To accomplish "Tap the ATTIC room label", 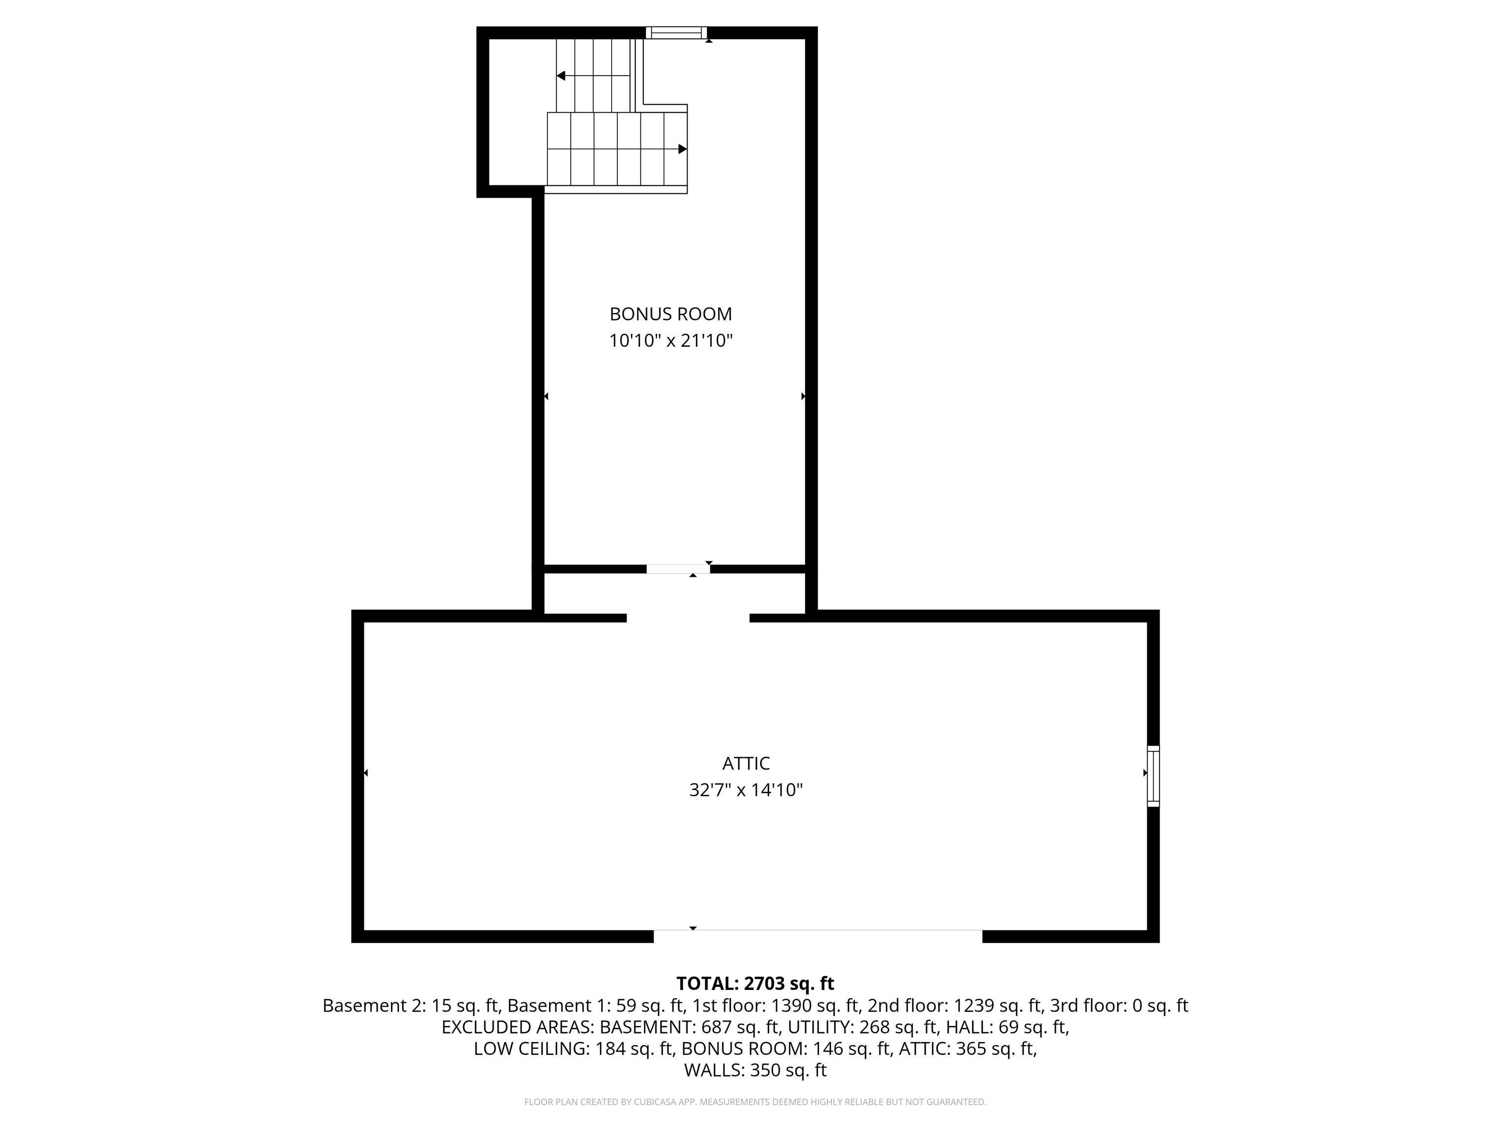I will pyautogui.click(x=746, y=763).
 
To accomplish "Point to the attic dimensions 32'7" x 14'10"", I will pyautogui.click(x=746, y=789).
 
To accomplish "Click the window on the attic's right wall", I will pyautogui.click(x=1153, y=776).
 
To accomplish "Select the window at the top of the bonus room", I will pyautogui.click(x=676, y=32).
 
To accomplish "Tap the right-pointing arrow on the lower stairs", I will pyautogui.click(x=682, y=149).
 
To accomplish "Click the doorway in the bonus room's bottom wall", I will pyautogui.click(x=678, y=569).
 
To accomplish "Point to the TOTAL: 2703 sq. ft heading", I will pyautogui.click(x=755, y=984).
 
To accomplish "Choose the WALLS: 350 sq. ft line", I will pyautogui.click(x=755, y=1070).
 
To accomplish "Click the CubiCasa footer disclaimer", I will pyautogui.click(x=755, y=1102).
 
